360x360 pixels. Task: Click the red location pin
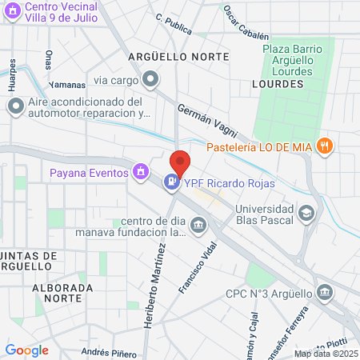coord(180,162)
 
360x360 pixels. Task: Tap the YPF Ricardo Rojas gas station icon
coord(171,183)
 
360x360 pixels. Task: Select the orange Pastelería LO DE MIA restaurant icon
coord(324,146)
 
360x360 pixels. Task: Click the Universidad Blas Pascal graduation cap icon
coord(306,214)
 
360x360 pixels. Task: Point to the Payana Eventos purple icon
coord(141,171)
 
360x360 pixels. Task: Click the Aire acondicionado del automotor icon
coord(14,107)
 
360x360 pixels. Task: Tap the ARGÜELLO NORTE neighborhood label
coord(178,57)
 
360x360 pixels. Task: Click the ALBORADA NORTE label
coord(58,292)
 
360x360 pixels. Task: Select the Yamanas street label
coord(66,84)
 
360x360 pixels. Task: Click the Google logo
coord(27,350)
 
